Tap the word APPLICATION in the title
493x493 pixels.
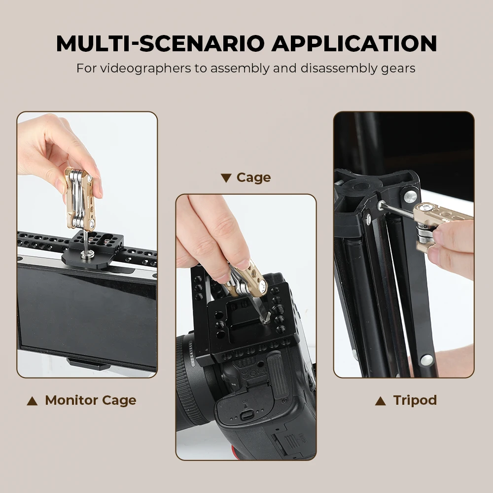click(x=354, y=43)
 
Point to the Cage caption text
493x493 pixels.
click(x=253, y=177)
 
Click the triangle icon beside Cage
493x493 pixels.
click(x=226, y=178)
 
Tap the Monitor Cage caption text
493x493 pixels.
click(x=90, y=400)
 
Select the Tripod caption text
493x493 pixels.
click(x=415, y=400)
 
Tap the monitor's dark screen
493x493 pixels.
click(x=86, y=311)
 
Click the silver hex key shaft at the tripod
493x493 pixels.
click(x=397, y=209)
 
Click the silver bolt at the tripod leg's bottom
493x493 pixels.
click(x=425, y=360)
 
